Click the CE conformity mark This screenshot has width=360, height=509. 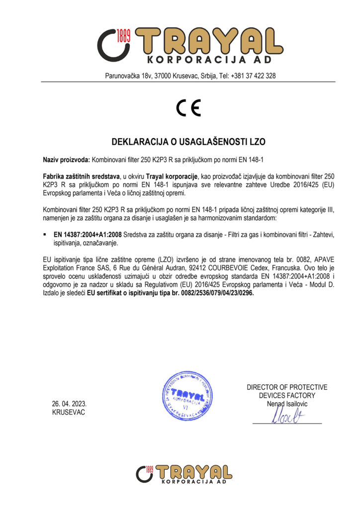pyautogui.click(x=188, y=108)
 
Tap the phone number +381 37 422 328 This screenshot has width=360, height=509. pyautogui.click(x=253, y=76)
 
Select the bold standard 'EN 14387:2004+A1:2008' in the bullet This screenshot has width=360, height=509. pyautogui.click(x=87, y=233)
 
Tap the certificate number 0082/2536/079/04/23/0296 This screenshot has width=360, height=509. pyautogui.click(x=213, y=293)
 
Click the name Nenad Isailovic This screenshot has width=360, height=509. pyautogui.click(x=287, y=404)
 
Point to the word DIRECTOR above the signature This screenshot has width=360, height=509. pyautogui.click(x=264, y=387)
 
